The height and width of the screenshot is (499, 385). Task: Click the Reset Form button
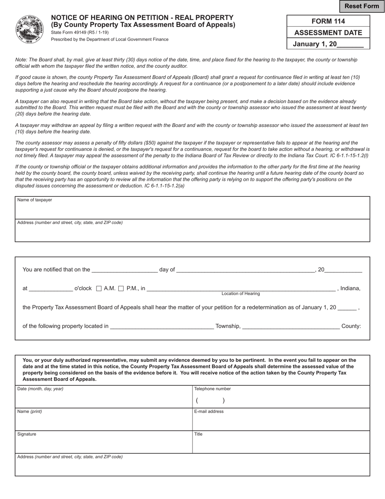(x=361, y=6)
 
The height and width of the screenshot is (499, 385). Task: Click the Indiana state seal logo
(x=30, y=29)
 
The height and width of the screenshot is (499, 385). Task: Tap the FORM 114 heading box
(x=328, y=21)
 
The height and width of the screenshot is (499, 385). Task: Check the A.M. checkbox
(x=99, y=288)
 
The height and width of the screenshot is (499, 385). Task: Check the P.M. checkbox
(x=121, y=288)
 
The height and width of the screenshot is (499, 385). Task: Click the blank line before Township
(x=162, y=325)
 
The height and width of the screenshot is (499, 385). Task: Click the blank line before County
(x=291, y=325)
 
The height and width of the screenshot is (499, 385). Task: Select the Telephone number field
(x=281, y=400)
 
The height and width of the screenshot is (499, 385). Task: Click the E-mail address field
(x=281, y=422)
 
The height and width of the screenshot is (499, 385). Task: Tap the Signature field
(x=103, y=444)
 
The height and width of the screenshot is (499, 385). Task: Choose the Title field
(x=281, y=444)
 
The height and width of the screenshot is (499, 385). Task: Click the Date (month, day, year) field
(x=103, y=399)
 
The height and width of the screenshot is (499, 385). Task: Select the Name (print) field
(x=103, y=422)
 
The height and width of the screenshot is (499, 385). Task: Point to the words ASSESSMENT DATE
(x=328, y=33)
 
